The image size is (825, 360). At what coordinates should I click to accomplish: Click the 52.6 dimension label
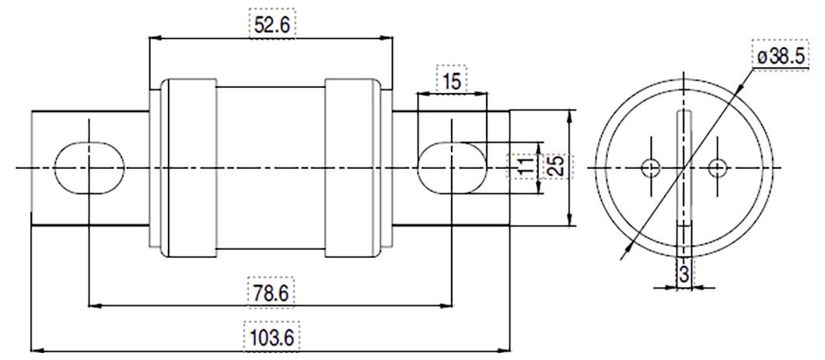click(271, 25)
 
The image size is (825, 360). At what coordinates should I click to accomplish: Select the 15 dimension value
click(451, 81)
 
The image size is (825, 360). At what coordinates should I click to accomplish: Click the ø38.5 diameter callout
click(787, 56)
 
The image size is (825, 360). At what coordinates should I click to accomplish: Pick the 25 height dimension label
click(554, 166)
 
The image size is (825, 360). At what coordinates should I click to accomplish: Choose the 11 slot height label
click(525, 166)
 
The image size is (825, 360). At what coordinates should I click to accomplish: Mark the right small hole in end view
click(717, 166)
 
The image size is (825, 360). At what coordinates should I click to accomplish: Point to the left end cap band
click(187, 167)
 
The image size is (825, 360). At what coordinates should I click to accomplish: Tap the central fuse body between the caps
click(269, 167)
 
